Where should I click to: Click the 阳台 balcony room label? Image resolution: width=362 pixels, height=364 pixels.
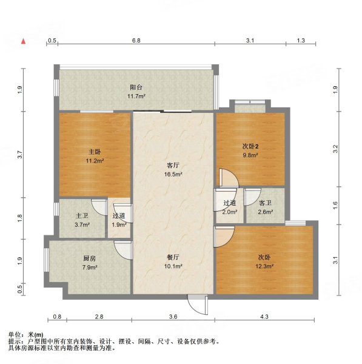pyautogui.click(x=135, y=86)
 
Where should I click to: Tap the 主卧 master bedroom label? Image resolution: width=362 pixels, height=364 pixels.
pyautogui.click(x=95, y=152)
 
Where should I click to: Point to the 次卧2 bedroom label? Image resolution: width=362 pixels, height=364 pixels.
pyautogui.click(x=250, y=146)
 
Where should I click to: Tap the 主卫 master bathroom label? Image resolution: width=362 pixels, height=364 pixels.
pyautogui.click(x=82, y=215)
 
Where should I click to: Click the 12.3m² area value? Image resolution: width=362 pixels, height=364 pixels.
pyautogui.click(x=265, y=266)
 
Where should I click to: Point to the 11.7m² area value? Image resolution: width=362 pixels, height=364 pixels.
pyautogui.click(x=135, y=95)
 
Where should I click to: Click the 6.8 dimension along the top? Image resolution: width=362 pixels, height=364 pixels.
pyautogui.click(x=136, y=41)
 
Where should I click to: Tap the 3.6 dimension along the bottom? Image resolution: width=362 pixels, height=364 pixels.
pyautogui.click(x=173, y=317)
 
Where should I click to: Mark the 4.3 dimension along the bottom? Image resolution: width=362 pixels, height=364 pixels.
pyautogui.click(x=264, y=317)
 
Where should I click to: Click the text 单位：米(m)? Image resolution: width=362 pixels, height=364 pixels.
pyautogui.click(x=26, y=335)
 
